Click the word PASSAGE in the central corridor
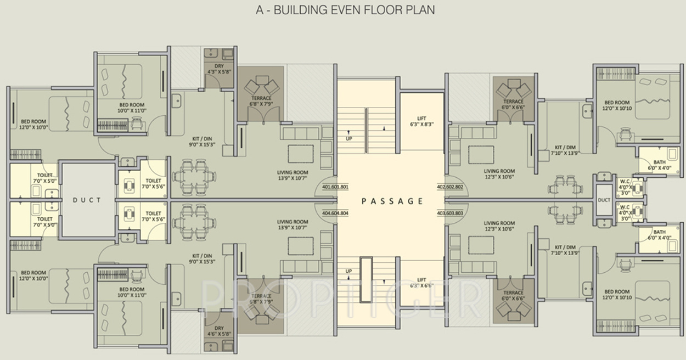point(392,201)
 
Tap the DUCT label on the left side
point(87,200)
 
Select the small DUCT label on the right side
point(604,200)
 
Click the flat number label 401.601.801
point(335,187)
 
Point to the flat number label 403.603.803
point(450,213)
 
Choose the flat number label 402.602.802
point(450,187)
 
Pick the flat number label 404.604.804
point(335,213)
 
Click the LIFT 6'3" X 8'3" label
point(421,121)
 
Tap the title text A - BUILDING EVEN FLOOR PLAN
point(345,10)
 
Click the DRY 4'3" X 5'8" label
point(219,69)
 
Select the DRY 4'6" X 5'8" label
point(219,331)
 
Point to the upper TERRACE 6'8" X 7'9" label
point(261,101)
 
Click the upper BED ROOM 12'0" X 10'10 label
point(617,105)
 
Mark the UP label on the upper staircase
point(348,138)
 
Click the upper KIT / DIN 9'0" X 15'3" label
point(202,142)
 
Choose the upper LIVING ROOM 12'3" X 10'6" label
point(499,174)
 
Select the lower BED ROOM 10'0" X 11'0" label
point(132,292)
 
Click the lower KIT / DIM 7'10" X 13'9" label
point(565,250)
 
